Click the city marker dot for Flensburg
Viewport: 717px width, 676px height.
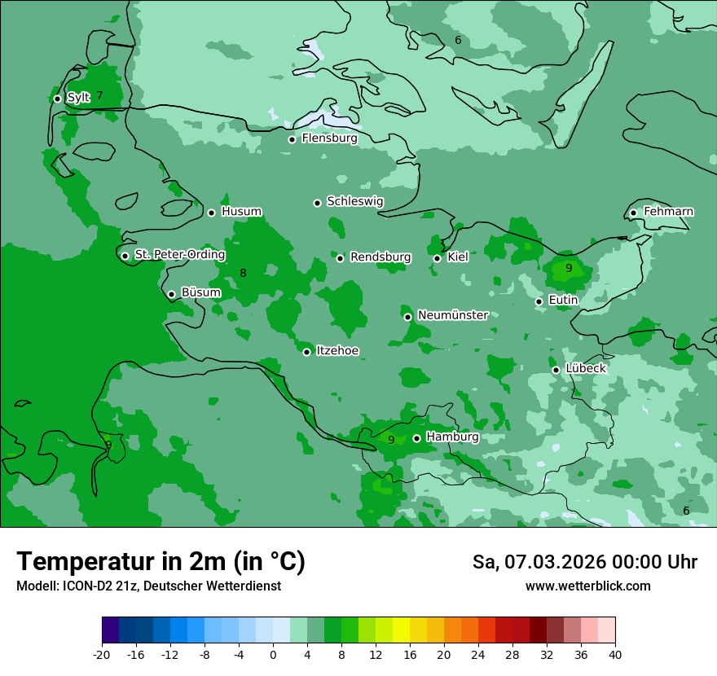pyautogui.click(x=292, y=139)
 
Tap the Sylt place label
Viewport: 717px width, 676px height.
pyautogui.click(x=78, y=98)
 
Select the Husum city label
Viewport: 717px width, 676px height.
pyautogui.click(x=241, y=212)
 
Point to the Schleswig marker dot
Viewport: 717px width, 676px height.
pyautogui.click(x=317, y=203)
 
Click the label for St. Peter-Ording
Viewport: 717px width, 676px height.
pyautogui.click(x=179, y=255)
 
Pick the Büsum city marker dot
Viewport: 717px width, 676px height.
pyautogui.click(x=171, y=295)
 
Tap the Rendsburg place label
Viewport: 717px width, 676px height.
pyautogui.click(x=380, y=257)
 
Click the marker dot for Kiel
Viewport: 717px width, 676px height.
pyautogui.click(x=437, y=258)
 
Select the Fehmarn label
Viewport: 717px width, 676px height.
pyautogui.click(x=668, y=212)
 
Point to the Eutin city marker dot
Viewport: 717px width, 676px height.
pyautogui.click(x=539, y=301)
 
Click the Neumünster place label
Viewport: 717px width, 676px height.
pyautogui.click(x=452, y=315)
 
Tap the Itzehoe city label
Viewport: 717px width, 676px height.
pyautogui.click(x=337, y=351)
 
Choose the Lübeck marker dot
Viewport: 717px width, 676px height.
pyautogui.click(x=556, y=370)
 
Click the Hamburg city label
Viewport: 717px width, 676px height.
pyautogui.click(x=452, y=437)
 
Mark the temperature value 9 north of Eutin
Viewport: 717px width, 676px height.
pyautogui.click(x=569, y=268)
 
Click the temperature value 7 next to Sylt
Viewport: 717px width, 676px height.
pyautogui.click(x=99, y=95)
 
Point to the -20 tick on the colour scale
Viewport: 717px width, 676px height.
pyautogui.click(x=102, y=654)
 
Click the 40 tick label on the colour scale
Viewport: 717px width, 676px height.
pyautogui.click(x=615, y=654)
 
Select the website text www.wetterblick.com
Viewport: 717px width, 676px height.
pyautogui.click(x=587, y=586)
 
